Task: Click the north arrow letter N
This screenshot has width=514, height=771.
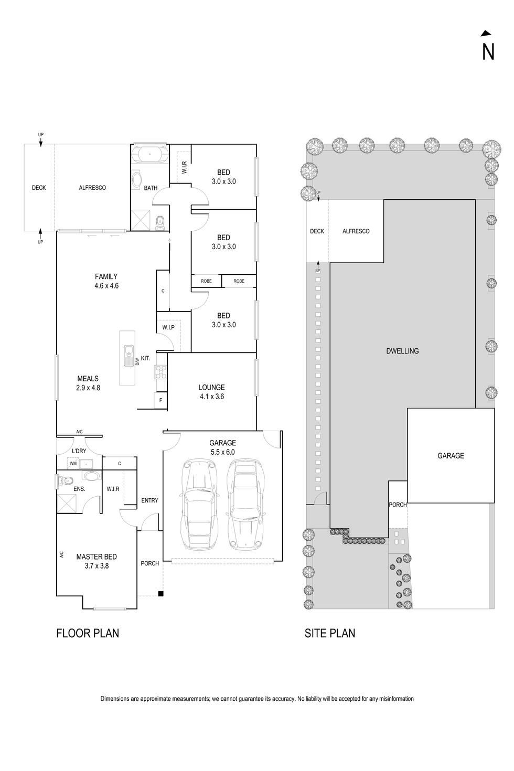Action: tap(488, 51)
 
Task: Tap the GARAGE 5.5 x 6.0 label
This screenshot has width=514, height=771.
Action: tap(223, 447)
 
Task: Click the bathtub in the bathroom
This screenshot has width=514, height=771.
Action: tap(149, 155)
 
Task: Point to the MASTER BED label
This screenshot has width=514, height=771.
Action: tap(97, 561)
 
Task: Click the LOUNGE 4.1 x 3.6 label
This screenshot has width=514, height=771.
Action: tap(211, 392)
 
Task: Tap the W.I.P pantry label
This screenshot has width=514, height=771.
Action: tap(168, 327)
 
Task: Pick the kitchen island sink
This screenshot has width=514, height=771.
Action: tap(128, 357)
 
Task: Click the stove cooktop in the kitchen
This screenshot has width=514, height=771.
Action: tap(160, 371)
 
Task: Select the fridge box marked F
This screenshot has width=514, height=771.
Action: tap(160, 400)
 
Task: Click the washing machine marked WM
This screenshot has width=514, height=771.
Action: tap(73, 464)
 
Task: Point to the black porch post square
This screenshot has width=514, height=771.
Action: tap(161, 594)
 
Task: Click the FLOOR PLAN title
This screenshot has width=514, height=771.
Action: tap(88, 633)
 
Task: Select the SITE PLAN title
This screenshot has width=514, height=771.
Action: tap(330, 633)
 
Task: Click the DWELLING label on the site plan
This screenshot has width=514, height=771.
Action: tap(402, 351)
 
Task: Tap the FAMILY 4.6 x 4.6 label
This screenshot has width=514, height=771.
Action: tap(106, 281)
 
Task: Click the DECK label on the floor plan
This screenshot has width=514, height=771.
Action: tap(39, 187)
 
